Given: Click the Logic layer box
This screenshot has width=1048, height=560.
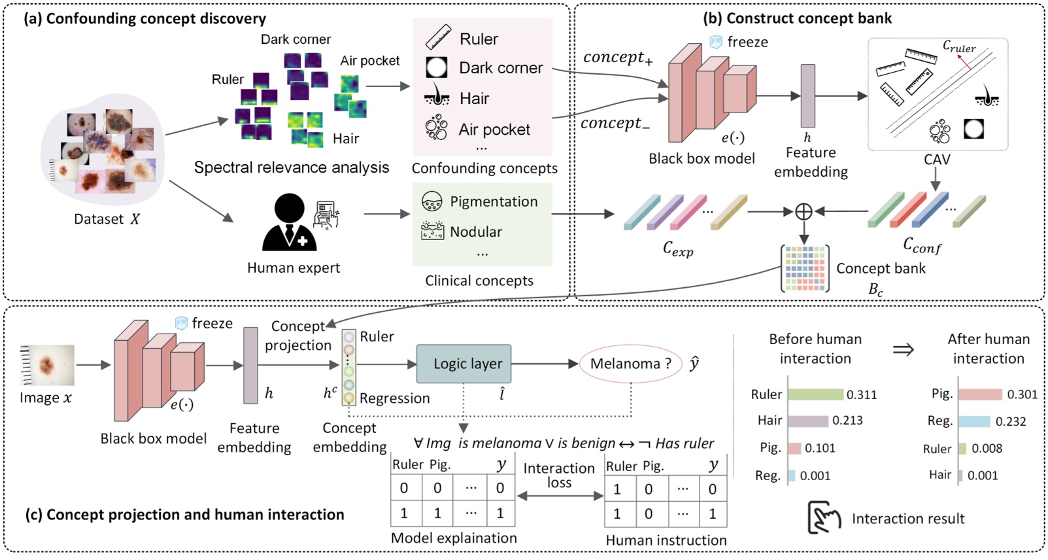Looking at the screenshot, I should pyautogui.click(x=464, y=364).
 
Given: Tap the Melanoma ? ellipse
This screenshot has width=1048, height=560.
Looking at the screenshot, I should pyautogui.click(x=630, y=364).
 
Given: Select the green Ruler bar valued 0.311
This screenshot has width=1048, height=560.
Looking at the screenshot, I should pyautogui.click(x=815, y=394).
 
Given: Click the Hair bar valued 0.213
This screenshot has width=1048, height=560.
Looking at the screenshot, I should pyautogui.click(x=808, y=421).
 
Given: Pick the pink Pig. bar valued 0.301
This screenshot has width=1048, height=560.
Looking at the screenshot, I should pyautogui.click(x=980, y=394).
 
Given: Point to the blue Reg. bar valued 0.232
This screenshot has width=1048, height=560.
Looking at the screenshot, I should pyautogui.click(x=974, y=421).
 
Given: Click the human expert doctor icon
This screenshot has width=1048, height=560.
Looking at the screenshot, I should pyautogui.click(x=290, y=224).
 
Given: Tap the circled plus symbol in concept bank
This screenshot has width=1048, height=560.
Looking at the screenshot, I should pyautogui.click(x=803, y=211).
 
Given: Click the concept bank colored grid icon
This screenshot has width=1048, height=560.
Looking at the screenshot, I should pyautogui.click(x=805, y=268).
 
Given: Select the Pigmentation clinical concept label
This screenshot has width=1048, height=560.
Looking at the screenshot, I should pyautogui.click(x=494, y=201).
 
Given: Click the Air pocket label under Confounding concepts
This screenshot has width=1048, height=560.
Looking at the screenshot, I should pyautogui.click(x=494, y=130).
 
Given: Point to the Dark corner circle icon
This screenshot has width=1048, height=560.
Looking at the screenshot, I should pyautogui.click(x=436, y=67).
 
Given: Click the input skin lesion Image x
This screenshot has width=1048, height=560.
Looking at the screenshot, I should pyautogui.click(x=47, y=365).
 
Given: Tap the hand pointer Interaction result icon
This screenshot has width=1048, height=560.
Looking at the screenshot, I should pyautogui.click(x=824, y=518).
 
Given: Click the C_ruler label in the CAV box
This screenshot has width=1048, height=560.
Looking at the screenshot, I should pyautogui.click(x=958, y=46).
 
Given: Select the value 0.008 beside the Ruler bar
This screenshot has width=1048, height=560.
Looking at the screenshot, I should pyautogui.click(x=987, y=449).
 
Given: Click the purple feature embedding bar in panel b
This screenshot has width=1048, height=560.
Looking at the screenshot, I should pyautogui.click(x=808, y=96).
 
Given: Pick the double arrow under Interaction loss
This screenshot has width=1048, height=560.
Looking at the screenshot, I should pyautogui.click(x=560, y=497).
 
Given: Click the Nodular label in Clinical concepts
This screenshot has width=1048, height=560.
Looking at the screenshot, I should pyautogui.click(x=475, y=232).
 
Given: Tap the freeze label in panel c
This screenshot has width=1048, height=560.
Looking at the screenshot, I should pyautogui.click(x=212, y=323).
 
